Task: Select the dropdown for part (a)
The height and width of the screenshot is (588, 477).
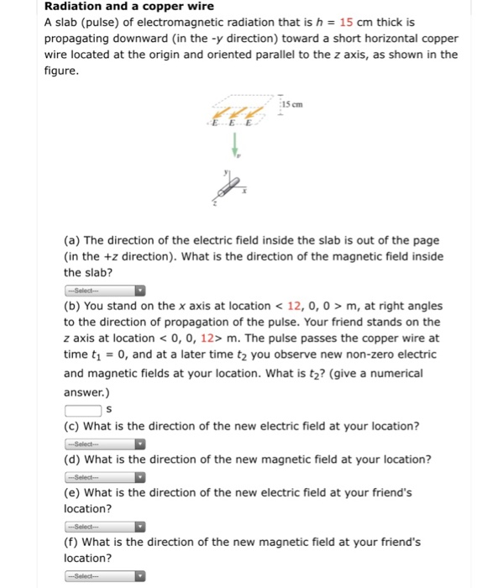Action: click(105, 291)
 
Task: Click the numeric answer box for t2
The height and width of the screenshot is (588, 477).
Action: click(82, 409)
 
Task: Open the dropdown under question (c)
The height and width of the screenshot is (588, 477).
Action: click(105, 444)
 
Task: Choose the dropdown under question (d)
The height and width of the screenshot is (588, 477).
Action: click(105, 477)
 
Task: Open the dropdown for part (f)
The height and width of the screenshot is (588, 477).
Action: click(105, 576)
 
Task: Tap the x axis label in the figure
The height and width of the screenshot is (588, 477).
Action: click(244, 192)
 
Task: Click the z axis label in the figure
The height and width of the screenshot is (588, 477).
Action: click(215, 202)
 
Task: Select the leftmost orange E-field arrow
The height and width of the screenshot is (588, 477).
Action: click(219, 113)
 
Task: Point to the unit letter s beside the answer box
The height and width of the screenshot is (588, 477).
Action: click(107, 410)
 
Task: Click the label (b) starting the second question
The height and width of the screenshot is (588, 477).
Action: click(73, 306)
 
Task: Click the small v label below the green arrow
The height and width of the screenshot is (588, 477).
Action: click(237, 155)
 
